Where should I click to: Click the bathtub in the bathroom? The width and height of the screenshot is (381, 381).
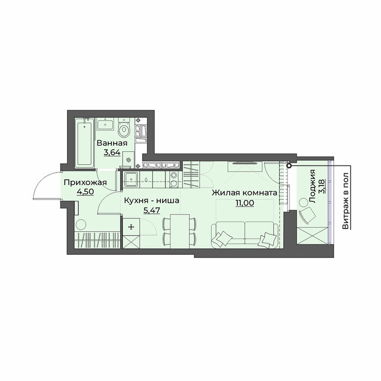tap(84, 143)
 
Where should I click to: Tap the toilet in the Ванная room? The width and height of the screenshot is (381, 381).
tap(124, 129)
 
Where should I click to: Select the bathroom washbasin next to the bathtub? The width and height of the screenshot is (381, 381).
tap(105, 125)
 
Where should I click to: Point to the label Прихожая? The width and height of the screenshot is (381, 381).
tap(85, 182)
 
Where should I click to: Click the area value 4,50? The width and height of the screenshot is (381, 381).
tap(85, 192)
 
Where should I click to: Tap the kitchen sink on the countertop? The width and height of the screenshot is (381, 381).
tap(132, 180)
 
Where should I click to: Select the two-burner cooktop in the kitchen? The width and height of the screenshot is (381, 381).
tap(174, 180)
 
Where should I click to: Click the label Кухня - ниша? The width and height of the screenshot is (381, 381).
tap(152, 201)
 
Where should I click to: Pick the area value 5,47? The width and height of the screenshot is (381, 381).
tap(152, 210)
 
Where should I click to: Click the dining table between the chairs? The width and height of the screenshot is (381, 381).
tap(180, 231)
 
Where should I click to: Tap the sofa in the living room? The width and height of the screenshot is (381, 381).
tap(245, 235)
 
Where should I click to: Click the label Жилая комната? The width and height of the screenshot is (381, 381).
tap(244, 193)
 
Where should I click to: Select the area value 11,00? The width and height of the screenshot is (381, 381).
tap(244, 202)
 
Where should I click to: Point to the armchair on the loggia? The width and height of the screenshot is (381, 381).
tap(307, 215)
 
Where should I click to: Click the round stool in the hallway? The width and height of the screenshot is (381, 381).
tap(81, 225)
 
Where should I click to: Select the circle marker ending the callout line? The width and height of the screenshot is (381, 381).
tap(289, 165)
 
